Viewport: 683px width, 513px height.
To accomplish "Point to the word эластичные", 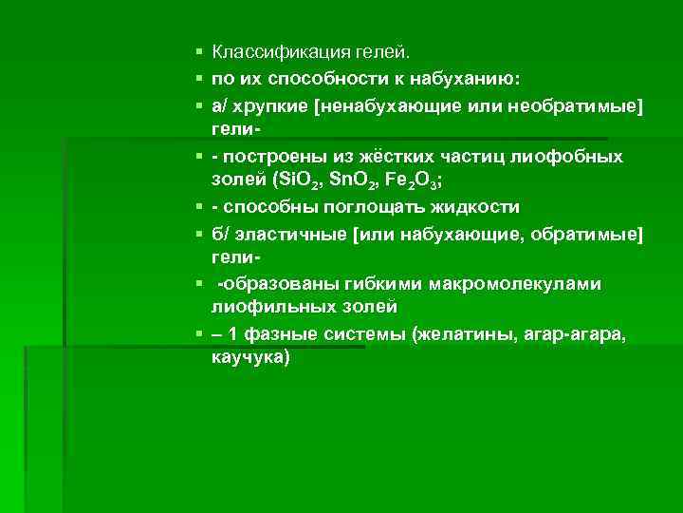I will [298, 234].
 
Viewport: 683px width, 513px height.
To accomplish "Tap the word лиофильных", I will [268, 307].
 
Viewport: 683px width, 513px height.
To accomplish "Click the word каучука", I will [252, 359].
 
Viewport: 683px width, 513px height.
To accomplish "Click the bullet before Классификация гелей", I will [194, 50].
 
